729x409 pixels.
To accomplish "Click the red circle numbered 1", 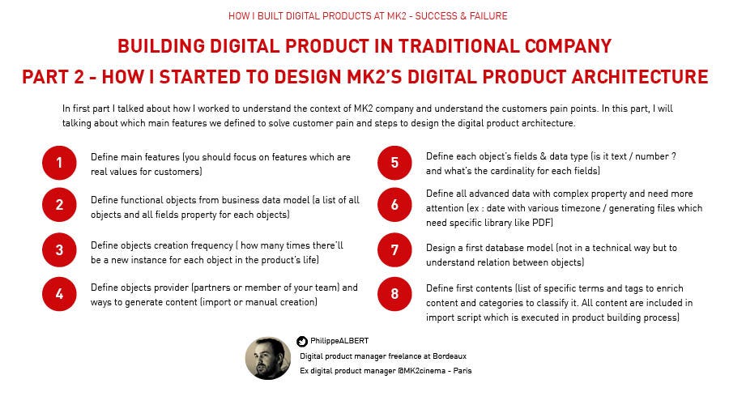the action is [59, 163].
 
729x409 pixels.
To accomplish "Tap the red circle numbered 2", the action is [59, 204].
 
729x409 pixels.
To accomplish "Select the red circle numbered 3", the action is [59, 250].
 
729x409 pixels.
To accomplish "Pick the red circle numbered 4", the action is [59, 294].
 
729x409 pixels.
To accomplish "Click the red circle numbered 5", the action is [394, 163].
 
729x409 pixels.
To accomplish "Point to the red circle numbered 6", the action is [394, 204].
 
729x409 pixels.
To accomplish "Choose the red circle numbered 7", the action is [394, 250].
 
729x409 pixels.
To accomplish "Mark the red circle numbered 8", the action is [394, 294].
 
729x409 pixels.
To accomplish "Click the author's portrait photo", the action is [268, 358].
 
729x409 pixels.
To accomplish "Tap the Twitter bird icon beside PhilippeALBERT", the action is [302, 341].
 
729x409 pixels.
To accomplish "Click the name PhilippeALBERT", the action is [339, 341].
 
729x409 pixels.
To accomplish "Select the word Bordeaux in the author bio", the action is [450, 356].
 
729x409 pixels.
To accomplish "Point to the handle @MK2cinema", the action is [421, 370].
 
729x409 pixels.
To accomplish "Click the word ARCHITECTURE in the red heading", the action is [640, 77].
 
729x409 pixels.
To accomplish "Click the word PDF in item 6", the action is [542, 223].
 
